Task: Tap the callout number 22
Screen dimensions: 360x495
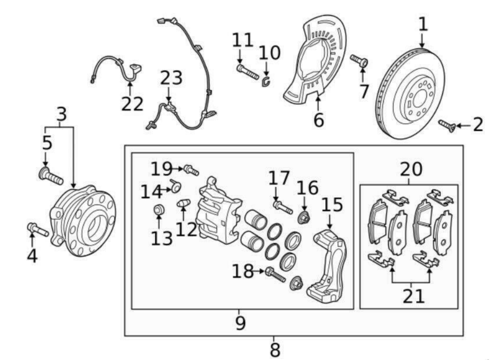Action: coord(132,104)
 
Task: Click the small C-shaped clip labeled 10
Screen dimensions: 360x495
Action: coord(266,82)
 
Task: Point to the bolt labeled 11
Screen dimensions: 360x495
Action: coord(247,72)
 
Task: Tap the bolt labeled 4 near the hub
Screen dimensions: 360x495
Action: coord(37,230)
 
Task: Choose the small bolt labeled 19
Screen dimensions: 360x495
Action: coord(191,170)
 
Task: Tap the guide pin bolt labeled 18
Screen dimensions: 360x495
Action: coord(275,275)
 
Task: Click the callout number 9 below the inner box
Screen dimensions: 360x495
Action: coord(240,323)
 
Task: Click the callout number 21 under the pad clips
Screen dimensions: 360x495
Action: coord(414,296)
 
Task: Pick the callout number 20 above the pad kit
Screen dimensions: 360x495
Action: coord(411,169)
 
